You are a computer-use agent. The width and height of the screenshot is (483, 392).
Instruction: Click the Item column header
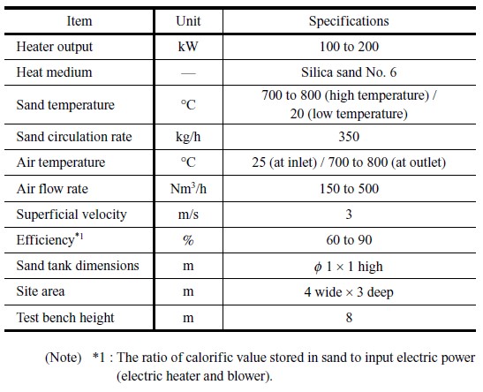(79, 21)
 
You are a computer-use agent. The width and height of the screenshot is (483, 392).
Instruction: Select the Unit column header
(188, 21)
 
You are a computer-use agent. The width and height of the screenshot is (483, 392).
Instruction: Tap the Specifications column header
(349, 21)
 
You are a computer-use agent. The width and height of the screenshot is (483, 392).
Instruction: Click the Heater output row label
(55, 47)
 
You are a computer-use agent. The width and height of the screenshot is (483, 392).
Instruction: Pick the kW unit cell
(188, 47)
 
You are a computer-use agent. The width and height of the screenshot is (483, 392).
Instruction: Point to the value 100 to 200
(349, 47)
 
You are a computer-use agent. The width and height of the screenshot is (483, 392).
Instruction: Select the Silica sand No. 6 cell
(349, 72)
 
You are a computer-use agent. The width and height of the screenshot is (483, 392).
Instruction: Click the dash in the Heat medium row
(188, 73)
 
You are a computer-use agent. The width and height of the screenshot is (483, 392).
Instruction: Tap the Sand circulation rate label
(74, 137)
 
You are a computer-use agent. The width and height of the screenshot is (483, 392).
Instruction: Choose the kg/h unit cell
(188, 137)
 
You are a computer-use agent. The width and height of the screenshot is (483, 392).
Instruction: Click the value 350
(349, 137)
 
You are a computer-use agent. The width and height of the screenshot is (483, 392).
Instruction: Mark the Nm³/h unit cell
(188, 188)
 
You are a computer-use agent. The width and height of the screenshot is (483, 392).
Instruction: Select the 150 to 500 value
(349, 188)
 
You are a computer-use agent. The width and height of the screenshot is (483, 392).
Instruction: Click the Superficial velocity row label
(72, 215)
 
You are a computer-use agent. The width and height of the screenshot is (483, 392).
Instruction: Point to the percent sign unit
(188, 240)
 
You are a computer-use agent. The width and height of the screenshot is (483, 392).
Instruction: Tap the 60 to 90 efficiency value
(349, 240)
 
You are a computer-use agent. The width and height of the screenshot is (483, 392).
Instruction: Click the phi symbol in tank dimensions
(318, 267)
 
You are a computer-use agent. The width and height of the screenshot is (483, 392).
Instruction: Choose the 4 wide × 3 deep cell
(349, 292)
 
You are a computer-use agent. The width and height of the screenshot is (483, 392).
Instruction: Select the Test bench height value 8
(349, 318)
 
